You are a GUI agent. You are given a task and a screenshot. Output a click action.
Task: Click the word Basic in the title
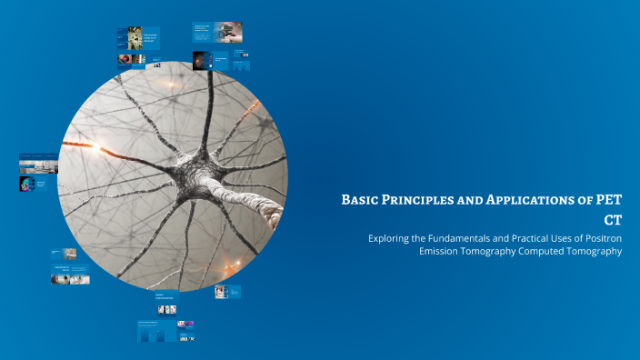[359, 199]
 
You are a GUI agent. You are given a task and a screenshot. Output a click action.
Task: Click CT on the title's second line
[613, 220]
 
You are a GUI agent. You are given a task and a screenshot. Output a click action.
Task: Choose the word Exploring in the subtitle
[390, 238]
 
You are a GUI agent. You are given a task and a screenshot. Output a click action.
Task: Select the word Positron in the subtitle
[602, 238]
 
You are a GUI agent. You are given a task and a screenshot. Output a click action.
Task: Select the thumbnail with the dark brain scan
[197, 60]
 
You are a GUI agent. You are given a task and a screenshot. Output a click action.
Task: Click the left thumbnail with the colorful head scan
[26, 185]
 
